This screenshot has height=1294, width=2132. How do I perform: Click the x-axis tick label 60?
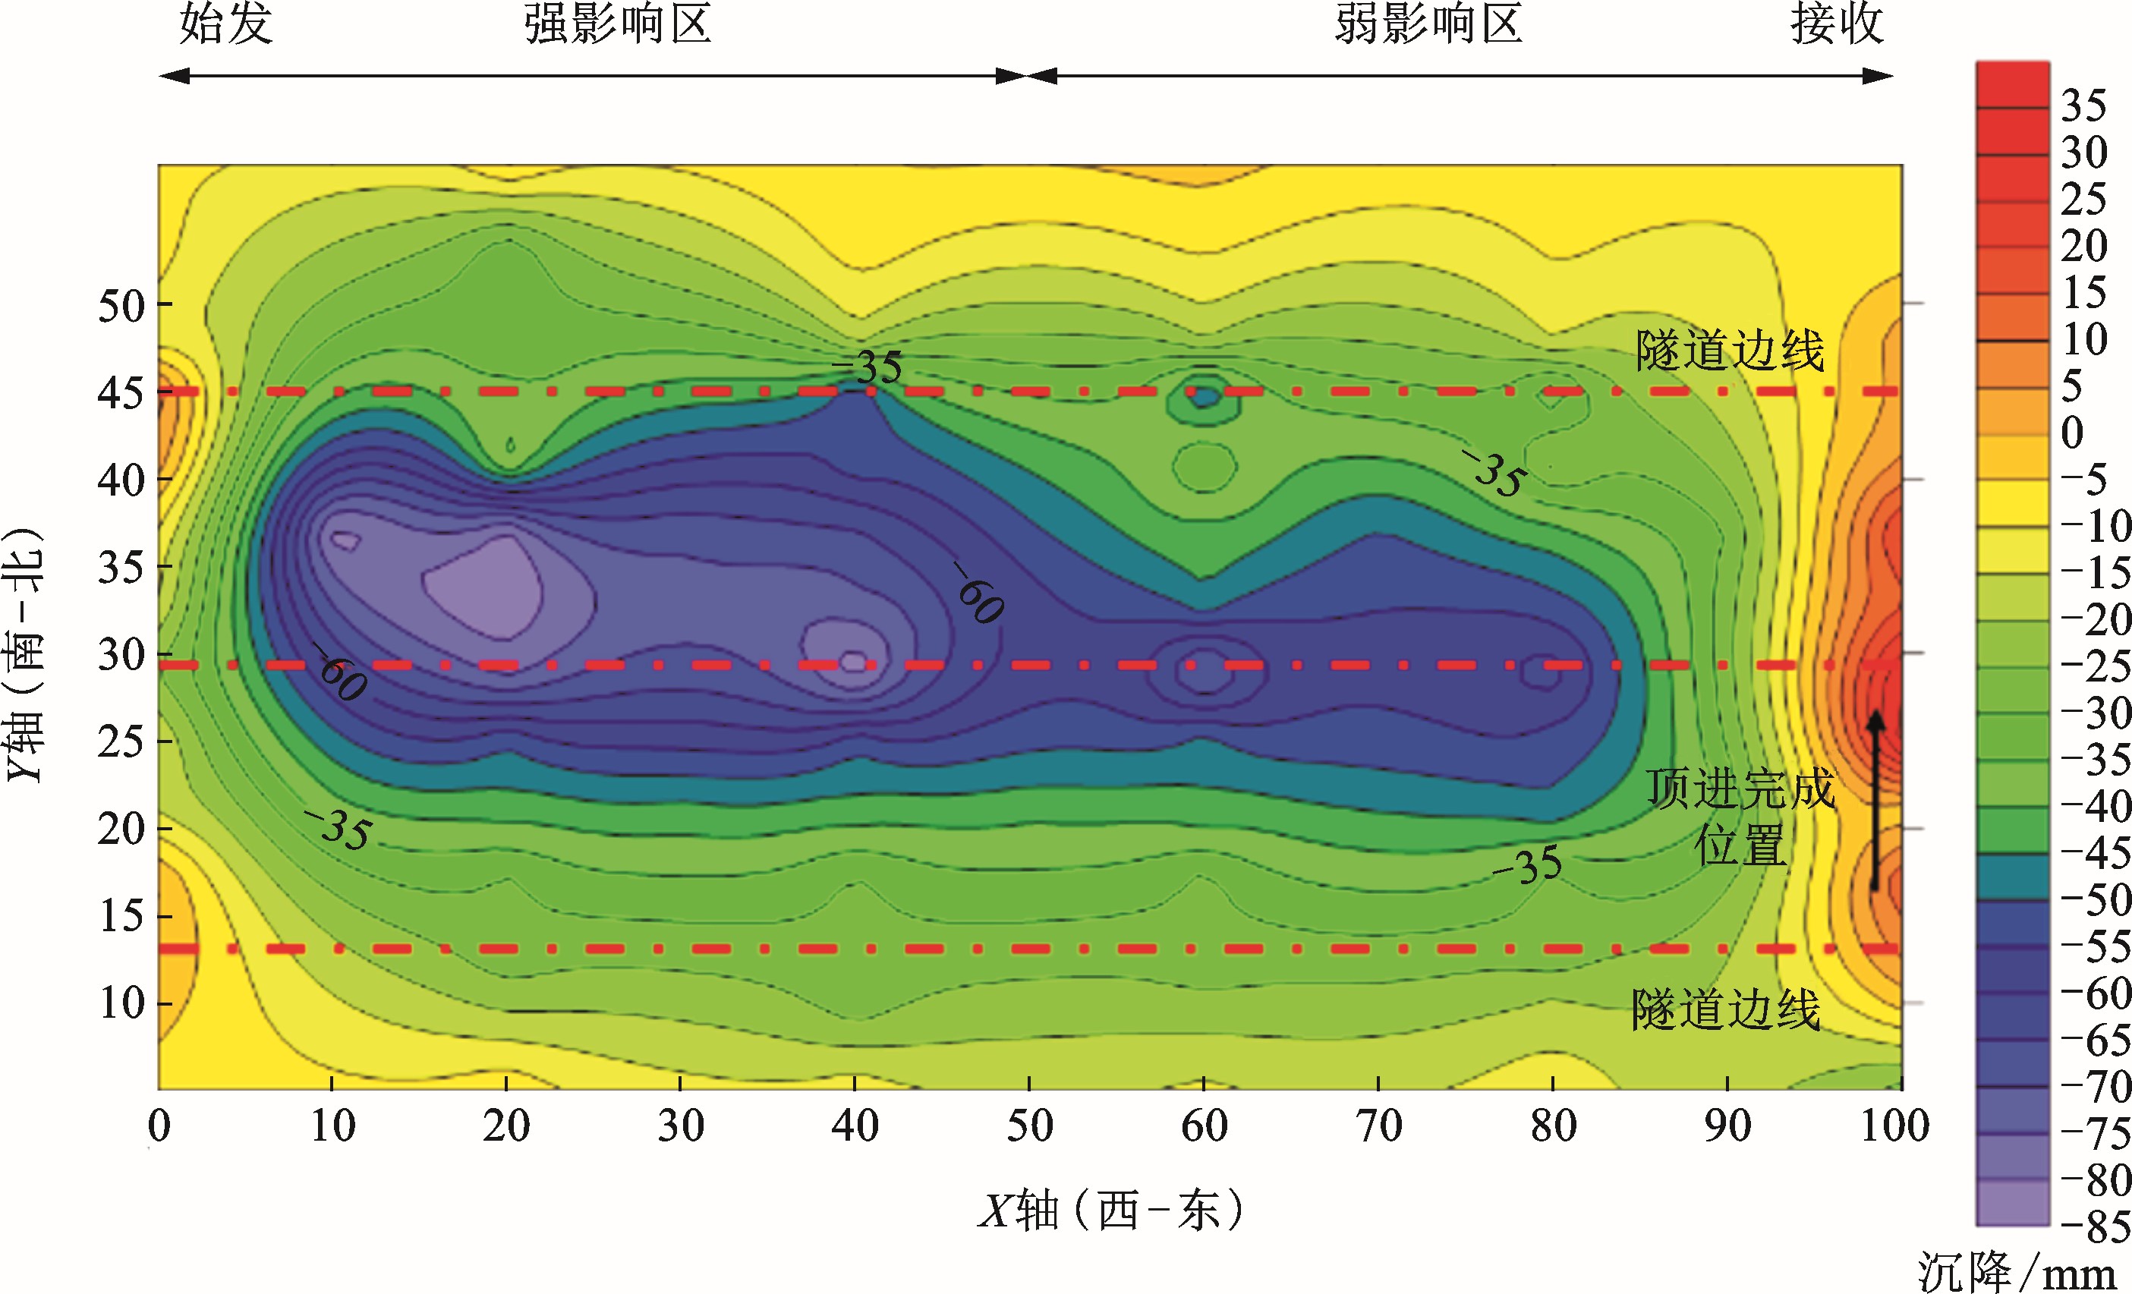pos(1204,1126)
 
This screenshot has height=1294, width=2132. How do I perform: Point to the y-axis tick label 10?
pos(122,1003)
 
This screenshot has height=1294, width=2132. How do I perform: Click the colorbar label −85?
pos(2095,1226)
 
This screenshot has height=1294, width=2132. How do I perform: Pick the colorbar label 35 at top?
pos(2083,105)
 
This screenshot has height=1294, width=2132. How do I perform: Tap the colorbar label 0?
pos(2072,432)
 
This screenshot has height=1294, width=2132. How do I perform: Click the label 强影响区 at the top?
pos(618,24)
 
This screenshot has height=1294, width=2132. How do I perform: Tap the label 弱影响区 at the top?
pos(1428,24)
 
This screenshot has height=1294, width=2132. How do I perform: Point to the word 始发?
pos(227,24)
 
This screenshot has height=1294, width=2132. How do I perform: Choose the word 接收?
pos(1837,24)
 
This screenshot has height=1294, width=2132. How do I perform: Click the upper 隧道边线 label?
pos(1730,351)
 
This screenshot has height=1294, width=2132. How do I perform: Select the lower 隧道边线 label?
pos(1726,1009)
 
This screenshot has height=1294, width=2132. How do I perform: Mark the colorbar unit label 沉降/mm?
pos(2016,1274)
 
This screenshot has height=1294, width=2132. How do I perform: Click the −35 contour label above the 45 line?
pos(868,367)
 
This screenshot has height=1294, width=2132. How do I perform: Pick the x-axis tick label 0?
pos(159,1126)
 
